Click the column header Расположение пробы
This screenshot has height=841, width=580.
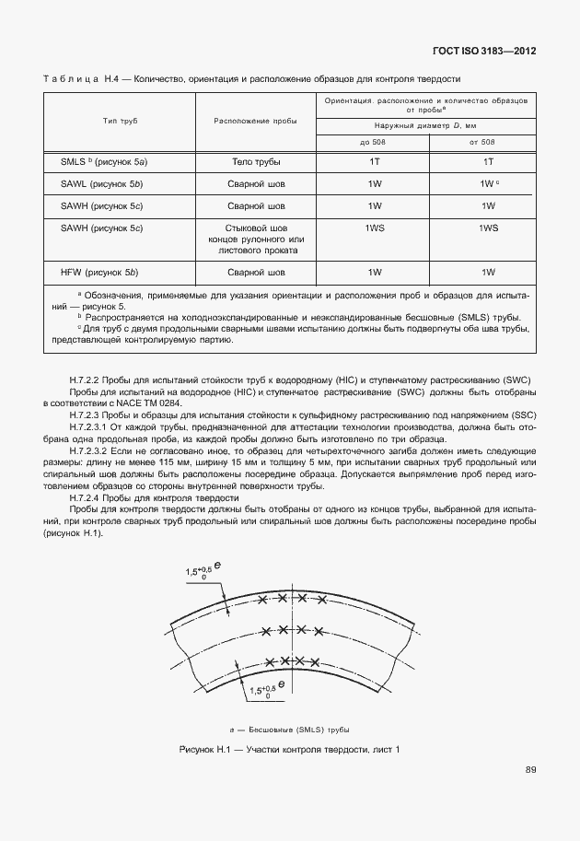(255, 122)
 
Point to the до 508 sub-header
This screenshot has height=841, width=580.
(374, 142)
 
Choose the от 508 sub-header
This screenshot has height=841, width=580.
(481, 142)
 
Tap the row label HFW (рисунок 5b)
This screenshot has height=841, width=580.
(101, 272)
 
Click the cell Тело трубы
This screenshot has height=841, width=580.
(255, 161)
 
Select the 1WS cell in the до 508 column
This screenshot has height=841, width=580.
(374, 228)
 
